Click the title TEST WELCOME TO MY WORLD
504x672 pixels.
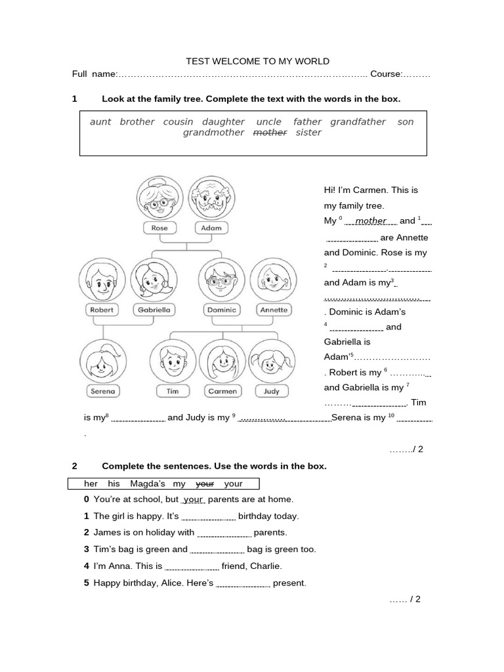pyautogui.click(x=257, y=61)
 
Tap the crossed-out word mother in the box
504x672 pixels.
pyautogui.click(x=270, y=133)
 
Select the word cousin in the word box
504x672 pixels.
pyautogui.click(x=178, y=122)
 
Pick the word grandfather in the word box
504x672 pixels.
pyautogui.click(x=358, y=122)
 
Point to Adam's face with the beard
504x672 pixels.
pyautogui.click(x=211, y=197)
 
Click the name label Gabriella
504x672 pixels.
pyautogui.click(x=154, y=310)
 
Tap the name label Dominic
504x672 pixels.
pyautogui.click(x=221, y=310)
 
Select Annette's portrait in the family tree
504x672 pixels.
pyautogui.click(x=273, y=280)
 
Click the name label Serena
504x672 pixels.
pyautogui.click(x=102, y=391)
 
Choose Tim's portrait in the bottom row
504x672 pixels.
pyautogui.click(x=173, y=362)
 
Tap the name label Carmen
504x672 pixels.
pyautogui.click(x=222, y=391)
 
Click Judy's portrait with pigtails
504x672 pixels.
pyautogui.click(x=271, y=362)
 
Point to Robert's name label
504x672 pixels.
pyautogui.click(x=102, y=310)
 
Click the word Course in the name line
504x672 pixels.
pyautogui.click(x=386, y=74)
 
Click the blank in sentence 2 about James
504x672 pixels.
pyautogui.click(x=224, y=534)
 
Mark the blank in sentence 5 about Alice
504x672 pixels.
pyautogui.click(x=243, y=583)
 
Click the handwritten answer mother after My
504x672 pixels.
pyautogui.click(x=371, y=221)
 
